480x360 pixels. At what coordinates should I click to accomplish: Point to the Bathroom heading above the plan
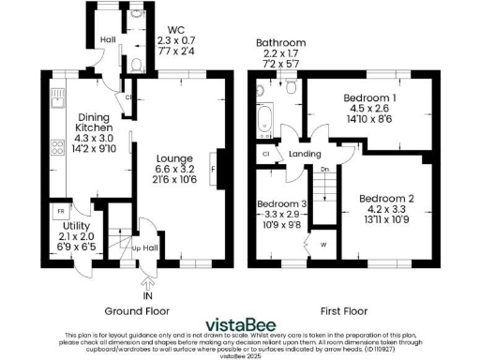(281, 43)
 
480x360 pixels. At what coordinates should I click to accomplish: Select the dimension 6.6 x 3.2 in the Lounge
(173, 170)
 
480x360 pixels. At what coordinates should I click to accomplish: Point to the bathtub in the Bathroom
(263, 121)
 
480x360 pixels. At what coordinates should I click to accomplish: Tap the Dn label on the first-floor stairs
(323, 170)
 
